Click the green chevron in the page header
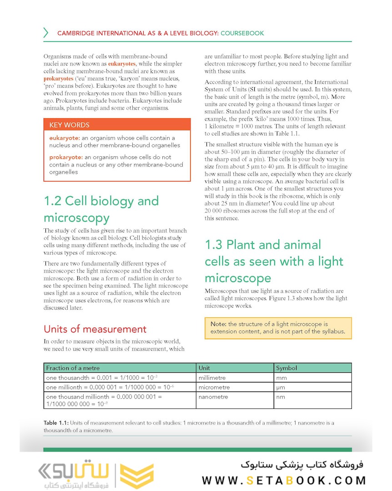[45, 33]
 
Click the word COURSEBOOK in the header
[242, 33]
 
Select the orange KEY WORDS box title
[69, 125]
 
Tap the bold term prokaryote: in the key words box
[65, 157]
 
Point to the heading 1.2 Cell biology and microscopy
[101, 209]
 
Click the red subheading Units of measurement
[95, 329]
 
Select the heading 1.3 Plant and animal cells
[274, 261]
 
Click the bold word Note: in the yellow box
[218, 324]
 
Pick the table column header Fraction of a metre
[73, 368]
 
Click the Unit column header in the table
[204, 368]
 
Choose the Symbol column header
[286, 368]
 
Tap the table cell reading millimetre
[212, 378]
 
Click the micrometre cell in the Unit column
[214, 387]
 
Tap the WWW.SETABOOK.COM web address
[284, 481]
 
